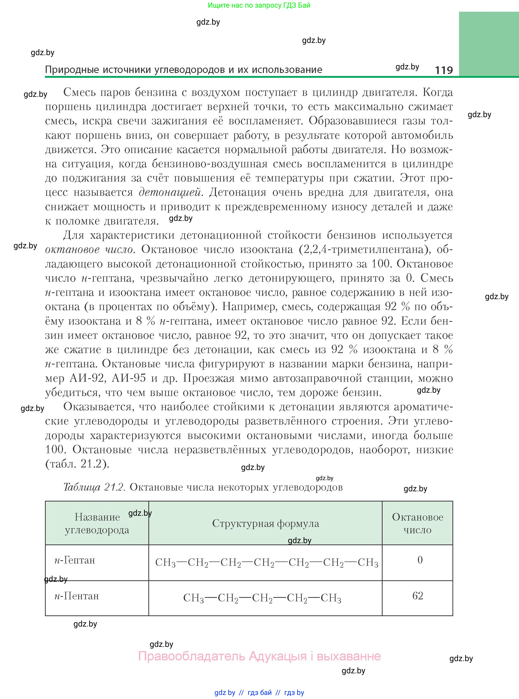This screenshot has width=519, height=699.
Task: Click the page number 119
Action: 444,70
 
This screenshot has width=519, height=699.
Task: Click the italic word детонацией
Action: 170,192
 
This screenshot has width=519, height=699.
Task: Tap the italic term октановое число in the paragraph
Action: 89,250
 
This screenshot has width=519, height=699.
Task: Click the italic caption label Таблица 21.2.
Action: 95,487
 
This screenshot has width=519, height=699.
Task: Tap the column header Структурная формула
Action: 265,523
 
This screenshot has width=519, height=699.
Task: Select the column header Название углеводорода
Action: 97,523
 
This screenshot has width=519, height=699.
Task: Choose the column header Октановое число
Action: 418,523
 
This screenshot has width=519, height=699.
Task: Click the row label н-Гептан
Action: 75,560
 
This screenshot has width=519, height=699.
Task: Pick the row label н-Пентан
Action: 77,596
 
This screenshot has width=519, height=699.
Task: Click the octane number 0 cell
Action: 420,560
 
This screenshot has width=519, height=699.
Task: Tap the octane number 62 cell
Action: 418,596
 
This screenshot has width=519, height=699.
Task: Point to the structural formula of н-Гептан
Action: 267,562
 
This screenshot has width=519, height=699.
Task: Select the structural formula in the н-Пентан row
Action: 262,598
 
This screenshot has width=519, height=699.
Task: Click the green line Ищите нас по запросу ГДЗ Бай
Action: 259,5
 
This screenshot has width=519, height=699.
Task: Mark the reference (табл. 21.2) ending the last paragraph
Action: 77,464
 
